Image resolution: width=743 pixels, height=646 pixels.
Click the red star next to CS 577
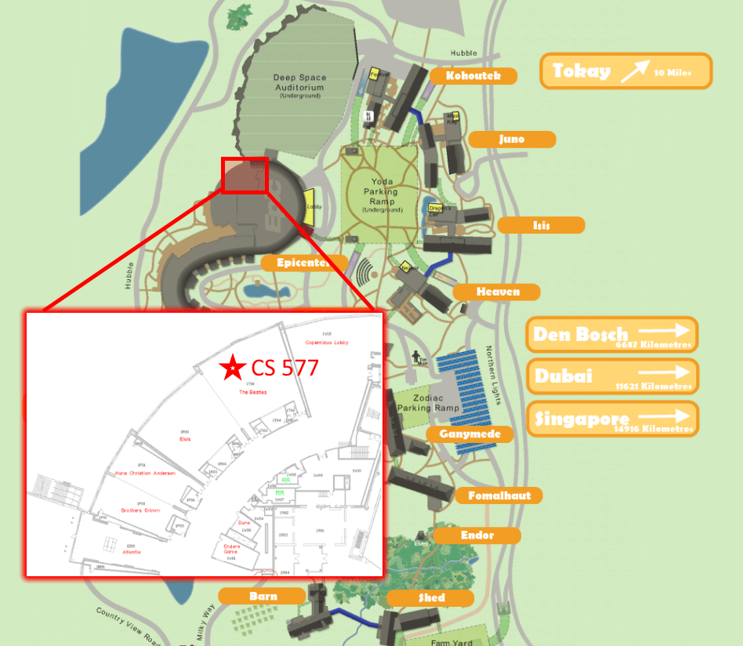point(232,367)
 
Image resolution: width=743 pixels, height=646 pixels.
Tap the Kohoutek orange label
point(473,76)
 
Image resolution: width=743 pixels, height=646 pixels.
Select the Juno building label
point(512,140)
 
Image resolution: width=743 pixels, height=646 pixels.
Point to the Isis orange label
point(541,225)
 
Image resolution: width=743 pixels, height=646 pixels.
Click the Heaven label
point(498,292)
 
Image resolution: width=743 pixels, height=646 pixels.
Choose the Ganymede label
point(465,434)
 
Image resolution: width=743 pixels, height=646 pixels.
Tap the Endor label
point(477,535)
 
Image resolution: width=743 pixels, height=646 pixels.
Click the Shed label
point(430,597)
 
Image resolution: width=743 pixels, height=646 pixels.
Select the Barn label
point(263,596)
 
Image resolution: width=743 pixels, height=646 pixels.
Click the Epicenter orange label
point(303,263)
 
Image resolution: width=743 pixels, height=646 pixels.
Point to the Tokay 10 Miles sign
point(625,71)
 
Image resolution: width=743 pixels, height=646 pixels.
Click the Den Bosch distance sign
point(612,335)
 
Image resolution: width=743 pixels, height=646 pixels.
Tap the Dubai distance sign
point(612,376)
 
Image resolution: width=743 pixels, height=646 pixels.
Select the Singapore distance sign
point(612,418)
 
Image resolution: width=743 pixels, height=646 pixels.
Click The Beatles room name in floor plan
point(253,391)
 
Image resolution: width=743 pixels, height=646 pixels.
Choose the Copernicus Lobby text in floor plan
point(327,343)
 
